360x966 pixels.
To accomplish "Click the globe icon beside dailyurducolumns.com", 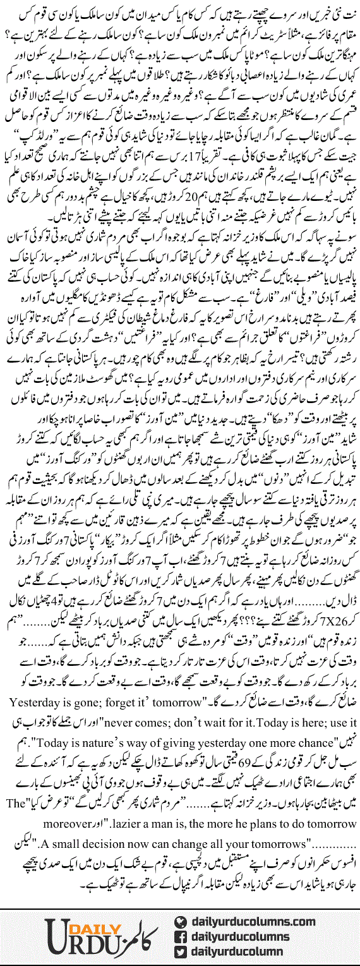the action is (x=181, y=922).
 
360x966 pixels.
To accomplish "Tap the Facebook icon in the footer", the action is (x=181, y=936).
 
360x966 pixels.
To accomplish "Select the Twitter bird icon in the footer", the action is (x=181, y=951).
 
